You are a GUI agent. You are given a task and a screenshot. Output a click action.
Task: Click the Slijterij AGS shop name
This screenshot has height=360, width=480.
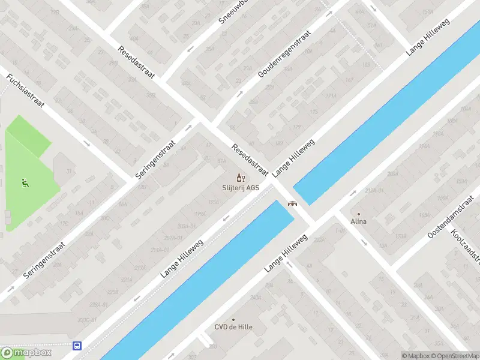241,187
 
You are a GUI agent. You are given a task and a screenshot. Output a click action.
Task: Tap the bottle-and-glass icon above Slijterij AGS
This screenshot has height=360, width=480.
241,177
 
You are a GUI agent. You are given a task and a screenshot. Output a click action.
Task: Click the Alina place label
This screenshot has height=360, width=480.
359,221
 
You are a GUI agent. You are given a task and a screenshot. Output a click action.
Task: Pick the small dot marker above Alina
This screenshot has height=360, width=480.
359,214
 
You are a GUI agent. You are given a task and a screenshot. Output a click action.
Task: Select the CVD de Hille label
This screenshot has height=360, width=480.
233,327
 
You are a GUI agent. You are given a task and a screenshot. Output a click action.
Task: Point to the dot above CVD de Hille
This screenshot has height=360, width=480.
233,319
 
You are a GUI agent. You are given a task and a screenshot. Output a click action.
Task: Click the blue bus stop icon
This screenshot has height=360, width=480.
77,346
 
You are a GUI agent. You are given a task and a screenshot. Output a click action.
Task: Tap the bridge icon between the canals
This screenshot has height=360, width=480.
292,203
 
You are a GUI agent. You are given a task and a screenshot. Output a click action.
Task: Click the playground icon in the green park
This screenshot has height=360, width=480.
25,182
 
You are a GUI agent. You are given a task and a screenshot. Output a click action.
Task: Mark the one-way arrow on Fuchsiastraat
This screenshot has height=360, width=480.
88,143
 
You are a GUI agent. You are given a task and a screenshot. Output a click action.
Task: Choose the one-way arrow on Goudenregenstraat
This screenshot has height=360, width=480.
240,94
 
